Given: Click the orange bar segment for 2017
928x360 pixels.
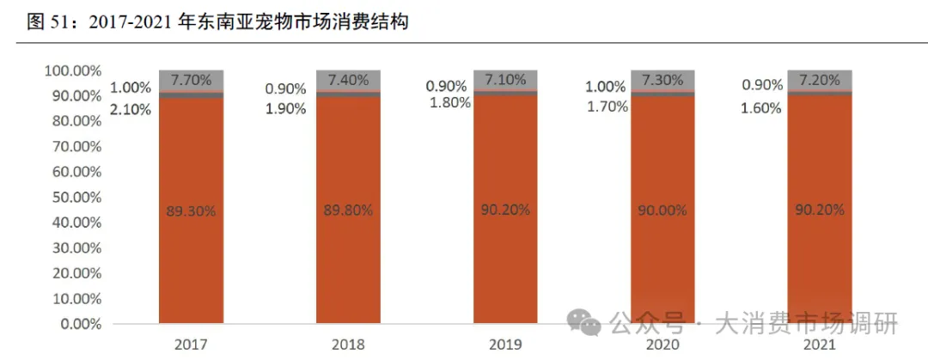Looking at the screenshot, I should pyautogui.click(x=191, y=258).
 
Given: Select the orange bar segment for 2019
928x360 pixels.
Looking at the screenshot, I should pyautogui.click(x=505, y=258).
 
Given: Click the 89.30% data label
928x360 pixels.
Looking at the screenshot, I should pyautogui.click(x=191, y=209).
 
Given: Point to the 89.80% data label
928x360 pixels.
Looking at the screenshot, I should pyautogui.click(x=348, y=209).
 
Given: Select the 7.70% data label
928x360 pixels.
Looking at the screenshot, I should pyautogui.click(x=191, y=80).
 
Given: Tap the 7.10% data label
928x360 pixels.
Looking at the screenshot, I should pyautogui.click(x=505, y=80).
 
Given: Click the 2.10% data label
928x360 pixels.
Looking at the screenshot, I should pyautogui.click(x=130, y=109).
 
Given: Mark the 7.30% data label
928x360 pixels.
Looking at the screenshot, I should pyautogui.click(x=662, y=80).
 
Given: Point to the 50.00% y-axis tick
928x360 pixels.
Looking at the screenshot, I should pyautogui.click(x=72, y=198).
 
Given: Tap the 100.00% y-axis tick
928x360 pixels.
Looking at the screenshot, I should pyautogui.click(x=69, y=70).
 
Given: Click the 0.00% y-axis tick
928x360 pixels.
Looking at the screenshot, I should pyautogui.click(x=76, y=325).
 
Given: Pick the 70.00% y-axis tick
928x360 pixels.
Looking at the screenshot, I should pyautogui.click(x=72, y=147).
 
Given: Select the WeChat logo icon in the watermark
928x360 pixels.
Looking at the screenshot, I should pyautogui.click(x=589, y=323).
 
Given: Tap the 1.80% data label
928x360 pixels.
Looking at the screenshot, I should pyautogui.click(x=449, y=102).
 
